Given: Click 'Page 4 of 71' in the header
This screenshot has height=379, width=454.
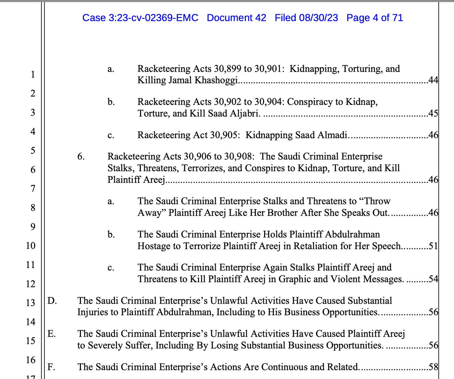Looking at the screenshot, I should coord(375,18).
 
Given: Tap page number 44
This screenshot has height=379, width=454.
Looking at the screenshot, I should coord(433,81).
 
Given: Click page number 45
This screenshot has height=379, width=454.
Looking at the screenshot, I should coord(433,113).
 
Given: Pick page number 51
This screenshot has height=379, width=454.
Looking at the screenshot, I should coord(433,247).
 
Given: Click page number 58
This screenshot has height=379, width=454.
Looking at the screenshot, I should coord(433,367).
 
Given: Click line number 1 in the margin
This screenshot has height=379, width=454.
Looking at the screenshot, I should coord(33,75).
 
